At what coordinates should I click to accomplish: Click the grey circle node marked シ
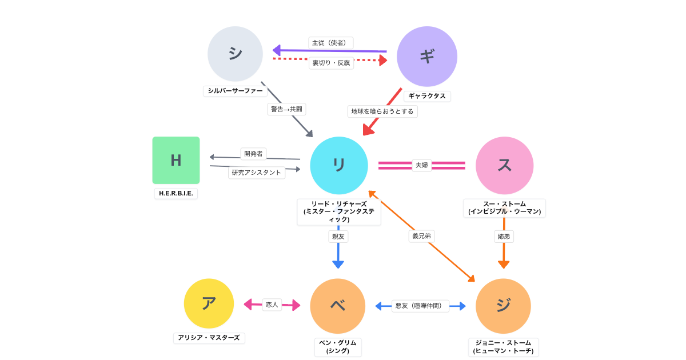tap(235, 54)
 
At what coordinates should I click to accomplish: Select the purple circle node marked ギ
tap(427, 56)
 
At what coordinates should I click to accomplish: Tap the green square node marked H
tap(176, 160)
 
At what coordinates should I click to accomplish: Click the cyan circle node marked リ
tap(338, 165)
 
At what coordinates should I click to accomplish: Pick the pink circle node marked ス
tap(504, 165)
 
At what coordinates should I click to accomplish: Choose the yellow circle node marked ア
tap(209, 303)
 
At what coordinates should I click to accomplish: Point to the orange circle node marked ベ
tap(338, 306)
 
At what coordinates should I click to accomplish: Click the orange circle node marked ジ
tap(503, 306)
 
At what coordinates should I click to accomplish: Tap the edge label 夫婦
tap(422, 165)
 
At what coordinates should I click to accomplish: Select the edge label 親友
tap(338, 236)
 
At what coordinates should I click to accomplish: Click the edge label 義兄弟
tap(421, 236)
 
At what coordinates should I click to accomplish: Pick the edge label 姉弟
tap(504, 236)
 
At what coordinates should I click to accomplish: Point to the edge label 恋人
tap(272, 305)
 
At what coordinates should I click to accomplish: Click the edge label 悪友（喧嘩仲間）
tap(420, 306)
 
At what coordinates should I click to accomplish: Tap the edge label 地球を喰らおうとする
tap(382, 111)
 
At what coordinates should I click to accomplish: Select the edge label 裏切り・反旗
tap(331, 63)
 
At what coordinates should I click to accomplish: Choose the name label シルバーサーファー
tap(236, 91)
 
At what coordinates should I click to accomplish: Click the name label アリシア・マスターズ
tap(209, 338)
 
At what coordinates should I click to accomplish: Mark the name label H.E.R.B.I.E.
tap(176, 193)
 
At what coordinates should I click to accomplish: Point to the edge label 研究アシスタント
tap(257, 172)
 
